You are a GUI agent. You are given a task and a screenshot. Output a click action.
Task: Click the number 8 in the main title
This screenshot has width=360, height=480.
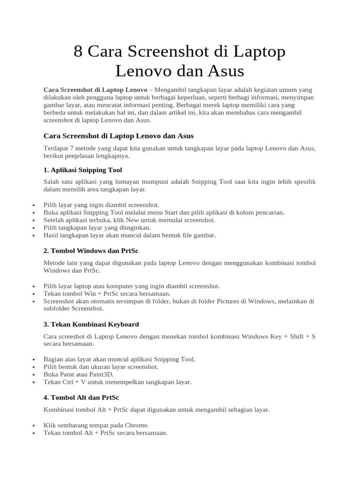tap(79, 52)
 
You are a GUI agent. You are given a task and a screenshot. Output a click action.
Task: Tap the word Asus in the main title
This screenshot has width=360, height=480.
tap(227, 71)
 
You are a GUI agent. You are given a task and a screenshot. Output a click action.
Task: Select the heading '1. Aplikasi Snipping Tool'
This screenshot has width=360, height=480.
tap(82, 170)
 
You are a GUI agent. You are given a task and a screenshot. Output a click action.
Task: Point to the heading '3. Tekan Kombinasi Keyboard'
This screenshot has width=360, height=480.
tap(91, 324)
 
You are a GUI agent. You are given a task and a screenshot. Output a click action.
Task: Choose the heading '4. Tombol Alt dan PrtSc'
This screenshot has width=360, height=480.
tap(81, 397)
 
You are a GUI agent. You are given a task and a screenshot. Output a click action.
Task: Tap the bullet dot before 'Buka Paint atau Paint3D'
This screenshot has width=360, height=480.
tap(33, 375)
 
